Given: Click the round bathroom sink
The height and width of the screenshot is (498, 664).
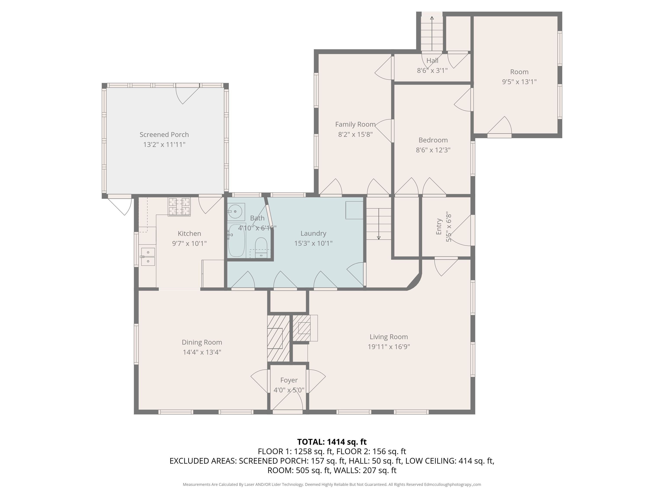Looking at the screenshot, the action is (x=236, y=212).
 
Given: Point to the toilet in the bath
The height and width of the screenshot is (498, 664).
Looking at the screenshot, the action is (x=261, y=247).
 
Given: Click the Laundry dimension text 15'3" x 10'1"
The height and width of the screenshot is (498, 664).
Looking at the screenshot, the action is (x=313, y=243).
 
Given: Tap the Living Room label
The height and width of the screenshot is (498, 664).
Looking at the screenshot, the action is (x=389, y=337).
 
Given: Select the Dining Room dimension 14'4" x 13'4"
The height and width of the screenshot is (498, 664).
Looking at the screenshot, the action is (x=202, y=352).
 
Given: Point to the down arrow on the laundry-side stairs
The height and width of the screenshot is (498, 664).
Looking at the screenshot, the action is (x=379, y=224).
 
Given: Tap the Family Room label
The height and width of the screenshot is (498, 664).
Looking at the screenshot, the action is (x=355, y=124).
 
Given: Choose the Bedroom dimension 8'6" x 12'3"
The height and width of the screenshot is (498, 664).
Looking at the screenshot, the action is (x=433, y=150).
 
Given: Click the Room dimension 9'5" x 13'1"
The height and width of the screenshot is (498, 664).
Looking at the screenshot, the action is (x=519, y=82).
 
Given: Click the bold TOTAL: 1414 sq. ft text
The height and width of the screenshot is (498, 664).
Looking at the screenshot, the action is (x=332, y=442).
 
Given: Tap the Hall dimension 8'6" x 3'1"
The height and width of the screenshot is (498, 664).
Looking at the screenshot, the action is (x=432, y=70).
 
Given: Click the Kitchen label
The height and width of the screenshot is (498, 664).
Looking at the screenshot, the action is (x=189, y=233).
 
